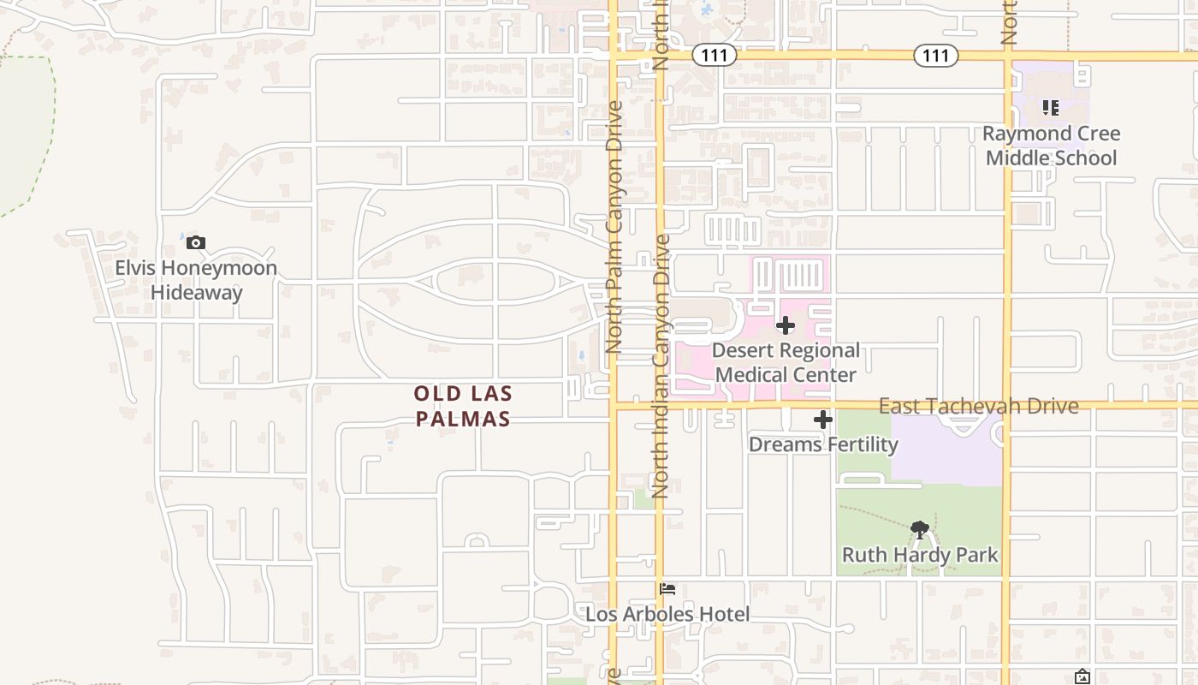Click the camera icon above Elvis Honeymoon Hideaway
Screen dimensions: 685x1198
[196, 243]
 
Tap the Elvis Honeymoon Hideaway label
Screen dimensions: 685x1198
[196, 280]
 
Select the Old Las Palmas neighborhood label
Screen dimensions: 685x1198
[462, 406]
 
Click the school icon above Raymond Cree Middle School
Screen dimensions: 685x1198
[1050, 108]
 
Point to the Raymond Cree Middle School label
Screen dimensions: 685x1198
[1051, 146]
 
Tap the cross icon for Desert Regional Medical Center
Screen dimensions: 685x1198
[785, 325]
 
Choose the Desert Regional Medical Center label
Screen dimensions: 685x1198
[786, 362]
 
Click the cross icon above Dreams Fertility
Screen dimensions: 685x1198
[822, 420]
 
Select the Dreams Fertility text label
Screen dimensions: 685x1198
[823, 444]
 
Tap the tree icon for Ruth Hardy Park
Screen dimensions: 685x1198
[920, 529]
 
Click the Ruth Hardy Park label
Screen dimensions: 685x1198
[920, 555]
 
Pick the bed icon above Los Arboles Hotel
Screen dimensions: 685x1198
[667, 589]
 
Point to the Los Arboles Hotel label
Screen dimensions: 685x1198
[667, 614]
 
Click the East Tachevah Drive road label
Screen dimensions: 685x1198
[978, 406]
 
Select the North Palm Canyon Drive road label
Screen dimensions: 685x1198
[614, 227]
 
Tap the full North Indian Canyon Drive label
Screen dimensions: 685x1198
[660, 366]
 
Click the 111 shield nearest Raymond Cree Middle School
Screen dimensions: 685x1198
[935, 56]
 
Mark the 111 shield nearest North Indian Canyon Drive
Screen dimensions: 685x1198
[713, 56]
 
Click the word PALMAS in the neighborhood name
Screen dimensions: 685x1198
[462, 419]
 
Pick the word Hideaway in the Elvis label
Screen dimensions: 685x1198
[196, 292]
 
